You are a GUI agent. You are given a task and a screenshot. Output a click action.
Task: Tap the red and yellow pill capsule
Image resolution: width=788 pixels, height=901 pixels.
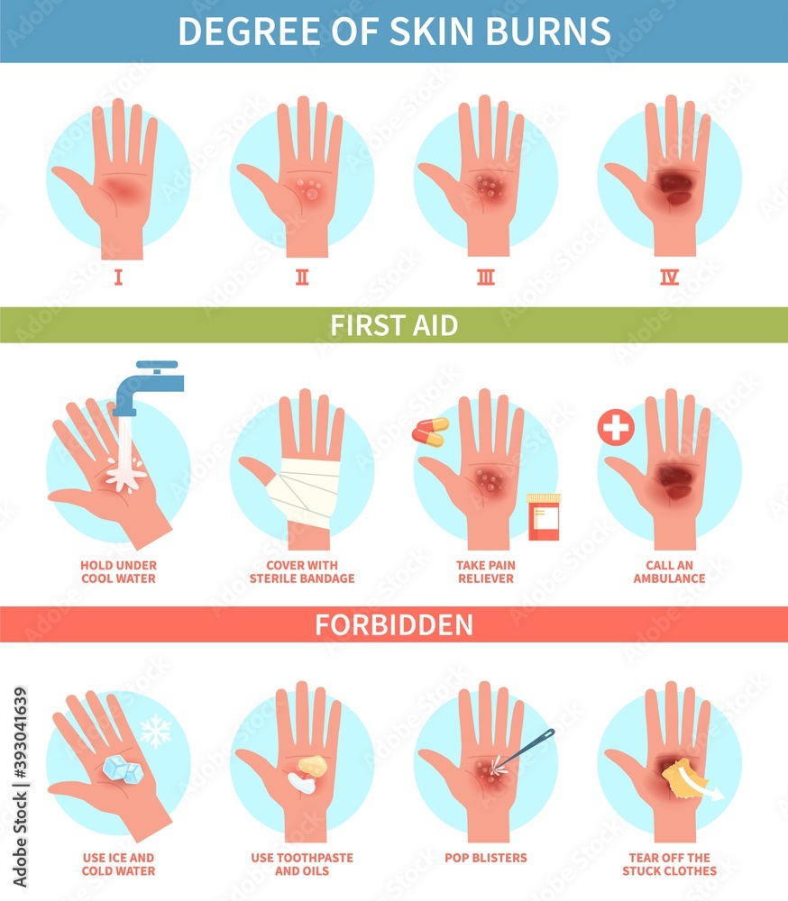(x=430, y=432)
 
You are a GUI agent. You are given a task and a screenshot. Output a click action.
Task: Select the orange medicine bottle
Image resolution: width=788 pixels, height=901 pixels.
(x=543, y=517)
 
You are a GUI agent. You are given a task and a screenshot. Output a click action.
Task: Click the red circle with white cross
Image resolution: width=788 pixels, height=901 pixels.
(x=616, y=427)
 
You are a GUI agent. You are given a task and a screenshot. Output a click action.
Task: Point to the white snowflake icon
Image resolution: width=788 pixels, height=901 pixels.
(x=156, y=731)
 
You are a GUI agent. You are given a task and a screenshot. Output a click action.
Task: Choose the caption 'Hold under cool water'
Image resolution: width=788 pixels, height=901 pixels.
(x=118, y=571)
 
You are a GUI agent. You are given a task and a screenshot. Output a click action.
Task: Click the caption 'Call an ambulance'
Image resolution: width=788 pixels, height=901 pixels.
(x=669, y=571)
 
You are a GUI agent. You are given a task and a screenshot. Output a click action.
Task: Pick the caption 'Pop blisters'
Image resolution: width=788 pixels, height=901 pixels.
(x=486, y=858)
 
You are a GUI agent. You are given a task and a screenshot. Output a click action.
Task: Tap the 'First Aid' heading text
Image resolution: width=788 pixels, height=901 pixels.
(x=394, y=324)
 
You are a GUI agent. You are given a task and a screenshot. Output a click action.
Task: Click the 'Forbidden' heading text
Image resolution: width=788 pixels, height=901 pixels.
(x=394, y=624)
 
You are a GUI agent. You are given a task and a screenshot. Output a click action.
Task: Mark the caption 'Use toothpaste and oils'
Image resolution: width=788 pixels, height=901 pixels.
(x=302, y=864)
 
